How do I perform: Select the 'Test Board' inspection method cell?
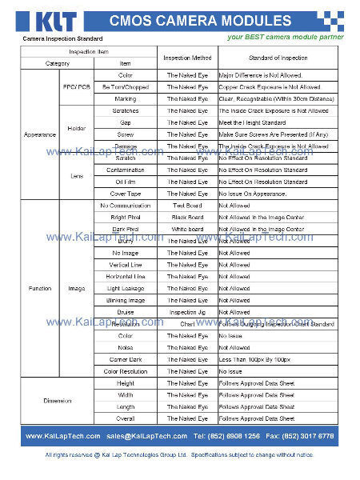coord(187,206)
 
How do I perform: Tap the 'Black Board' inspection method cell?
coord(187,217)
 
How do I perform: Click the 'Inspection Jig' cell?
coord(187,312)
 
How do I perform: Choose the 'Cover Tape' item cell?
coord(125,194)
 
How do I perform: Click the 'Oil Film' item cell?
coord(125,182)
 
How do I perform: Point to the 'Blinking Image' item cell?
coord(125,300)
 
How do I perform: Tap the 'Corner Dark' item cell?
coord(125,359)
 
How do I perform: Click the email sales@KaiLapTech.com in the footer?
coord(146,436)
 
